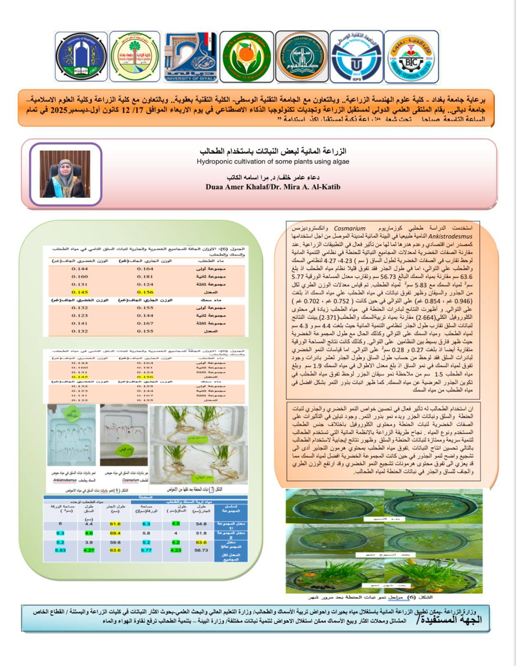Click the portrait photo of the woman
65,174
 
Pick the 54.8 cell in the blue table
201,524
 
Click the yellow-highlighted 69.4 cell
115,533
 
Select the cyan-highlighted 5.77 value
146,550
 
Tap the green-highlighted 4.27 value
88,550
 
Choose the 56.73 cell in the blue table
201,550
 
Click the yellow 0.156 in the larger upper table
145,292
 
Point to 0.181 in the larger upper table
145,277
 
